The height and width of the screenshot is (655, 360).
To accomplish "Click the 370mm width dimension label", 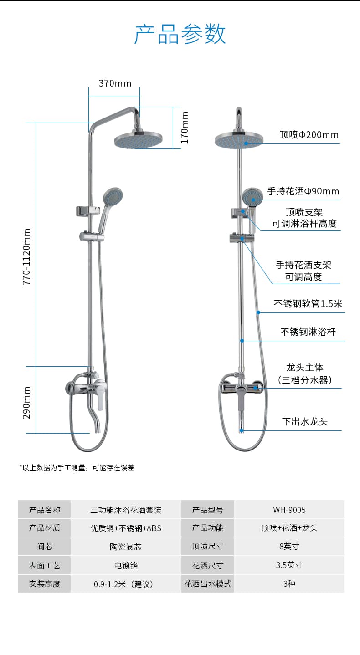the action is pos(115,83).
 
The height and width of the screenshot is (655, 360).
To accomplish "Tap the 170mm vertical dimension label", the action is pos(184,128).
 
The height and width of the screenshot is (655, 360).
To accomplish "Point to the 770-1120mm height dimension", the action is pos(26,257).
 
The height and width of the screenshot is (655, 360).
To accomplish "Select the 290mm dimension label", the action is pos(26,403).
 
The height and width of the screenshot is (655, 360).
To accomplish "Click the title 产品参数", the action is pos(180,34).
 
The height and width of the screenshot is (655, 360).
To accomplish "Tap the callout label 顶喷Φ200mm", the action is pos(309,135).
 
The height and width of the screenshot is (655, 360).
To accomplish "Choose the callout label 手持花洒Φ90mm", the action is pos(303,191).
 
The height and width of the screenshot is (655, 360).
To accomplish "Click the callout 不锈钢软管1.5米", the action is pos(308,304).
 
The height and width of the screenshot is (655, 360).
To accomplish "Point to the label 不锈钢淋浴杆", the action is pos(308,332).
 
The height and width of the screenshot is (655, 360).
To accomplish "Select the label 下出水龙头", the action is pos(305,422).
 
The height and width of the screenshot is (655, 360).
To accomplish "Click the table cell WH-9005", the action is pos(289,510).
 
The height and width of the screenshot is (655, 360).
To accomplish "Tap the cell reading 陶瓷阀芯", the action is pos(126,547).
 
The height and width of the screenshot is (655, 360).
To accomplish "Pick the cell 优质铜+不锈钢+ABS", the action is pos(126,528).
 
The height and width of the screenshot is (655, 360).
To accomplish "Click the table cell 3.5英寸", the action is pos(289,565).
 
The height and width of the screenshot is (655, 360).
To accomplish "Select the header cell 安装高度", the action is pos(45,584).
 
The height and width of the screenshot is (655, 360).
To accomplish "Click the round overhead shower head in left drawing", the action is pos(138,140).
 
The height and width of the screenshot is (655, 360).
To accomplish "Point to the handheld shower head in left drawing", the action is pos(113,195).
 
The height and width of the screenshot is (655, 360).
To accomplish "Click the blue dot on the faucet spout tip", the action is pos(242,430).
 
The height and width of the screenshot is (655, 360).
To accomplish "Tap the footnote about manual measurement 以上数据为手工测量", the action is pos(77,468).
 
